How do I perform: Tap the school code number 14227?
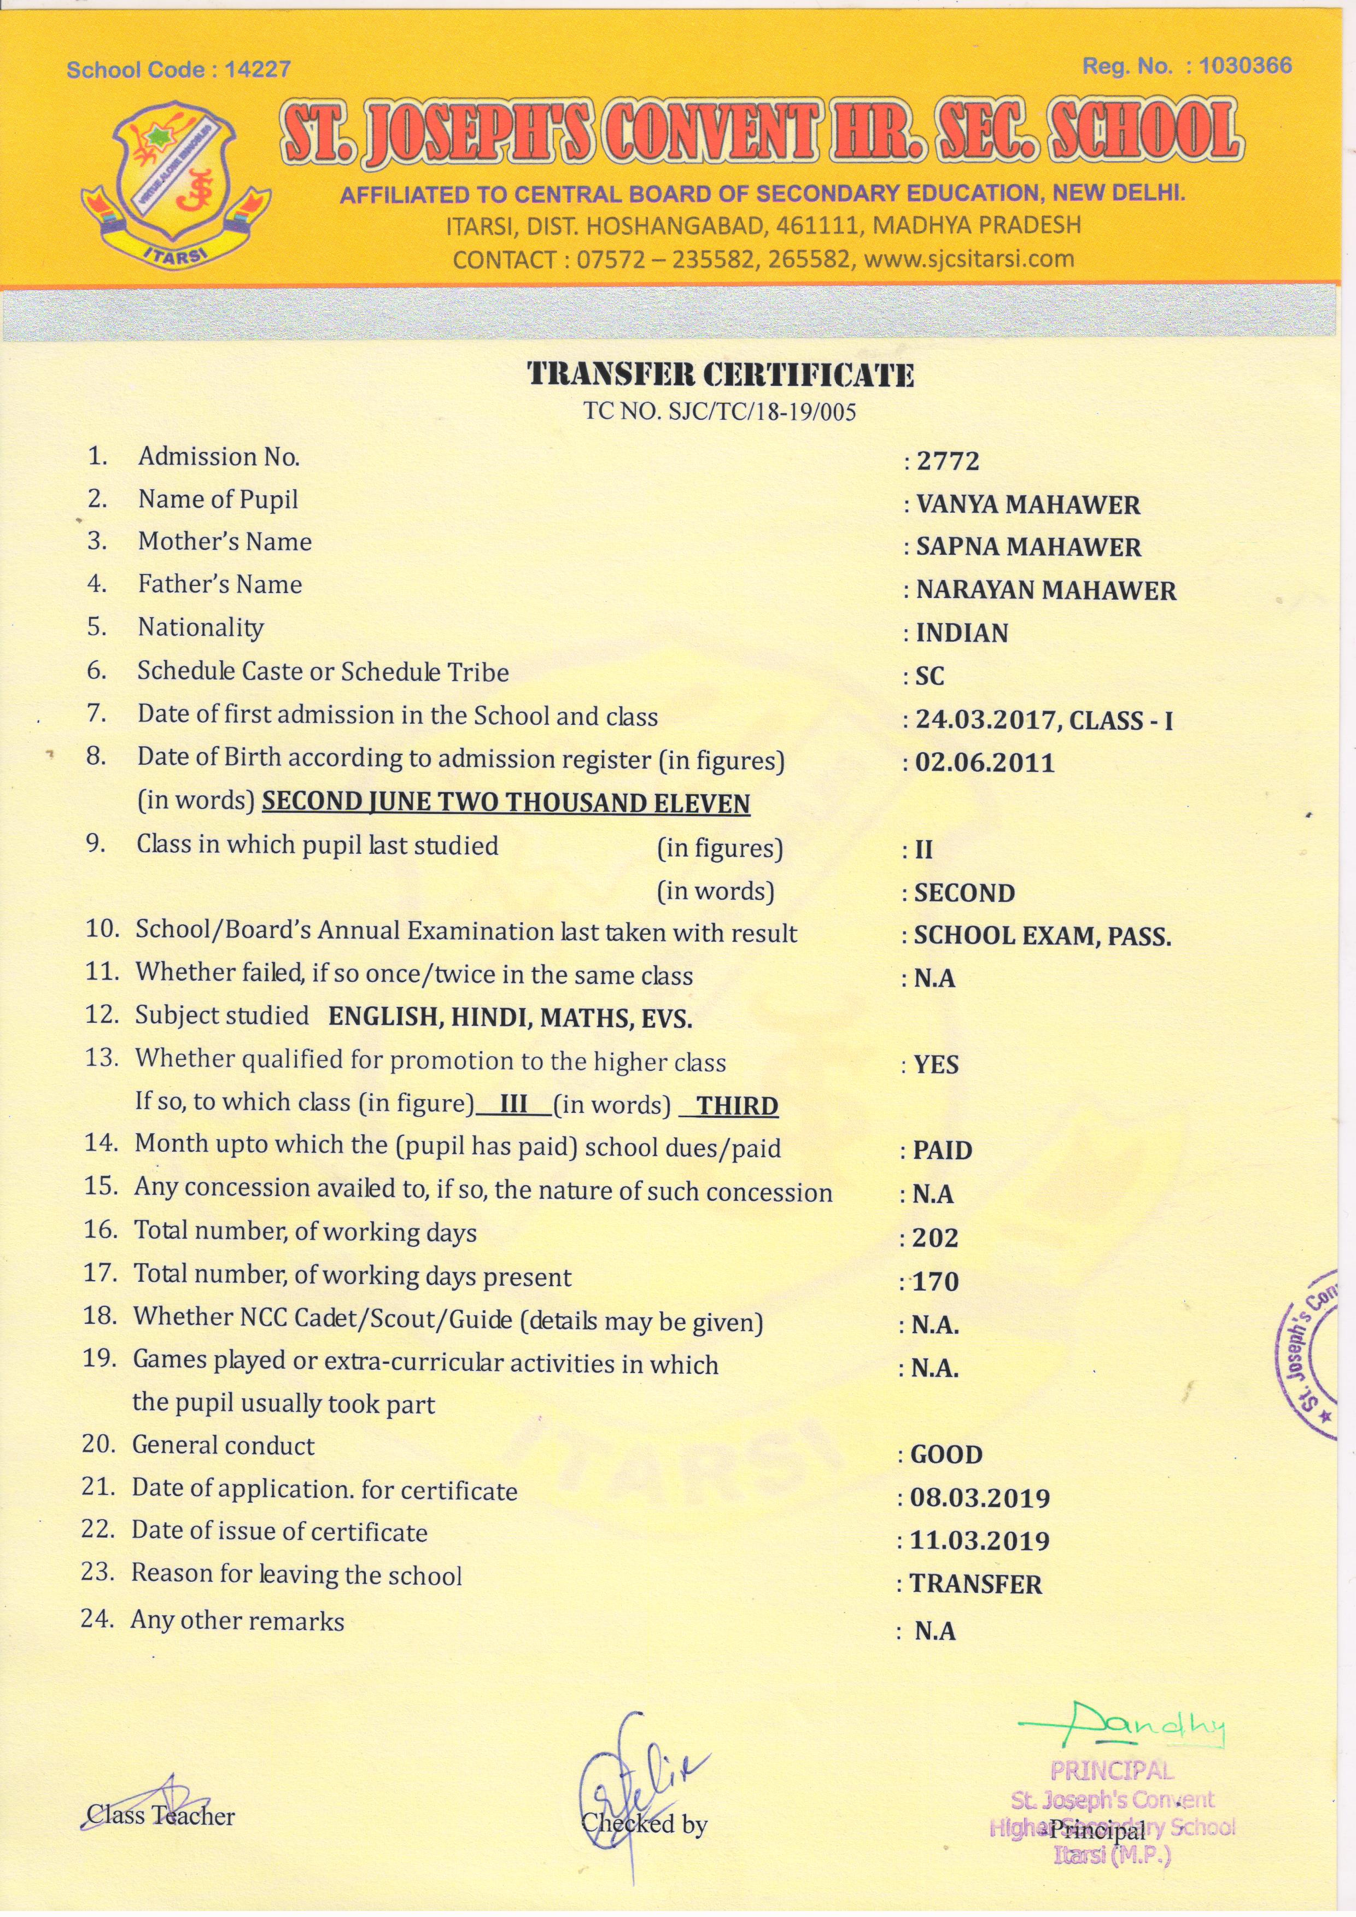(x=257, y=69)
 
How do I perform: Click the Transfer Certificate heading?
(x=721, y=375)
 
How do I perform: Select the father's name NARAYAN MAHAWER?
(x=1045, y=590)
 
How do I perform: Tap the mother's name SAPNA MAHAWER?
(x=1028, y=547)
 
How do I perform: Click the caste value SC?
(x=930, y=676)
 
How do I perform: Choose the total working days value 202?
(x=934, y=1238)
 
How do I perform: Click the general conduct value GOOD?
(x=946, y=1455)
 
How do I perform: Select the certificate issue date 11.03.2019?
(x=979, y=1540)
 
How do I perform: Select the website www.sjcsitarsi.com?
(x=968, y=259)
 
